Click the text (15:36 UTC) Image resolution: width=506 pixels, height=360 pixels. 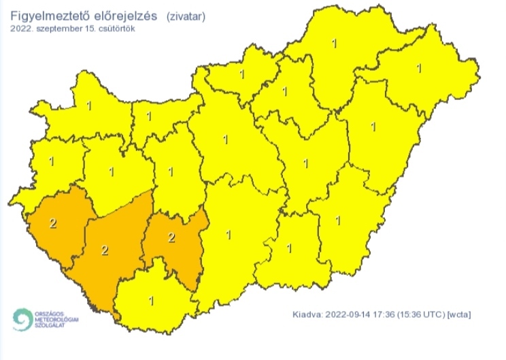(423, 314)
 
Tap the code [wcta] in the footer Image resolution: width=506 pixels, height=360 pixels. (459, 314)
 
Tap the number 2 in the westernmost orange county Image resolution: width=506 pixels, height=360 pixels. (54, 222)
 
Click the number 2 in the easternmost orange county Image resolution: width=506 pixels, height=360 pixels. (171, 238)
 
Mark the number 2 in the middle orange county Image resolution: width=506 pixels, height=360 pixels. (105, 250)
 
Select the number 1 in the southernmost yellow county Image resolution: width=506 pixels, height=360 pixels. (151, 300)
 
